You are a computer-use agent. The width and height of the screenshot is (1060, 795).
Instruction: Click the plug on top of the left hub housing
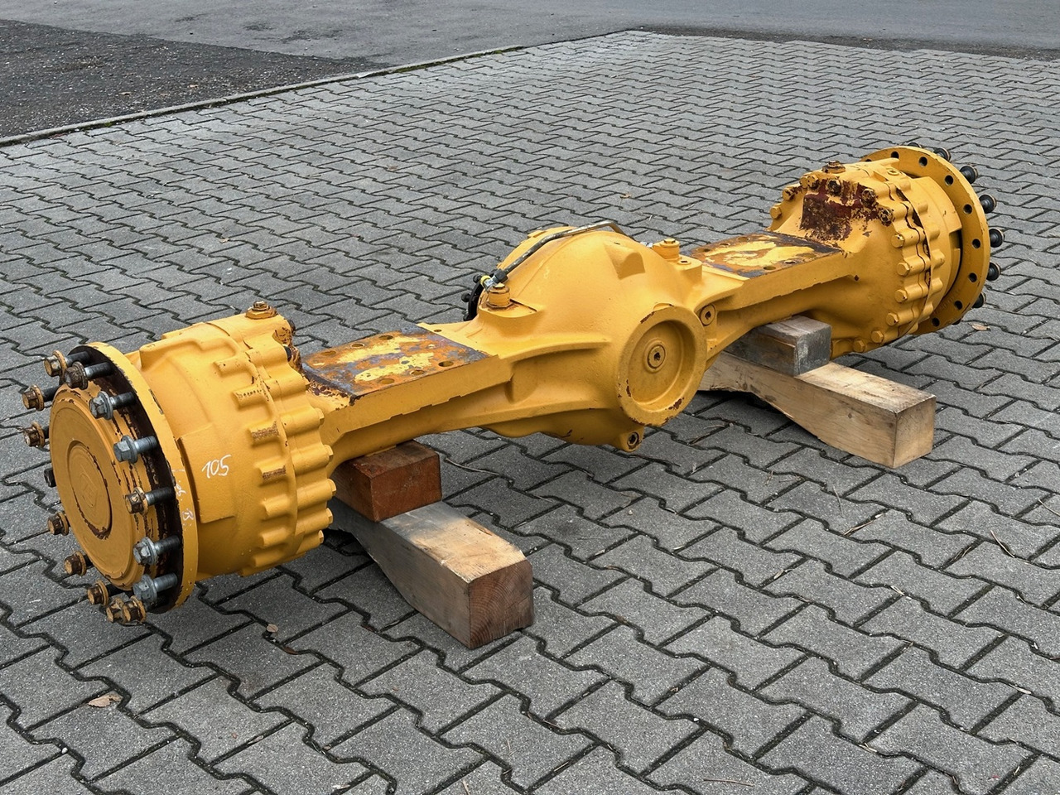tap(260, 312)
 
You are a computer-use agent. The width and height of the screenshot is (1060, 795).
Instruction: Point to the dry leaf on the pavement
tap(104, 701)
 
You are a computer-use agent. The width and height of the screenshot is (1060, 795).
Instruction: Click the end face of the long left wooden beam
tap(496, 597)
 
